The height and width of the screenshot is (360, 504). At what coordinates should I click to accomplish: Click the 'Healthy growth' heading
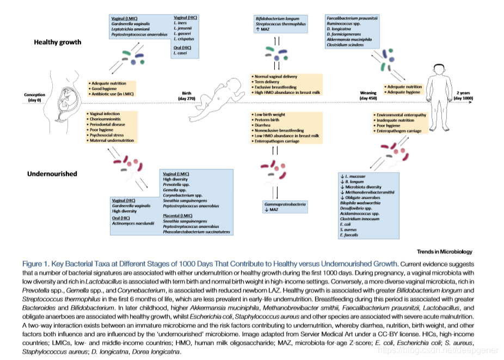(x=56, y=42)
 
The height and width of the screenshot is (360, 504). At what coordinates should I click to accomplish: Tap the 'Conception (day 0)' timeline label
(x=34, y=97)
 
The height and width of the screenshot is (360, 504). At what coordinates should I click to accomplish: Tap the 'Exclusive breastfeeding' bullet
(x=275, y=87)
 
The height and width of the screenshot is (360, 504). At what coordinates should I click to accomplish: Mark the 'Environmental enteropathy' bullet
(x=402, y=115)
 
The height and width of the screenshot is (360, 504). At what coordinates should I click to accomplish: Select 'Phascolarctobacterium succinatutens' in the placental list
(x=196, y=231)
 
